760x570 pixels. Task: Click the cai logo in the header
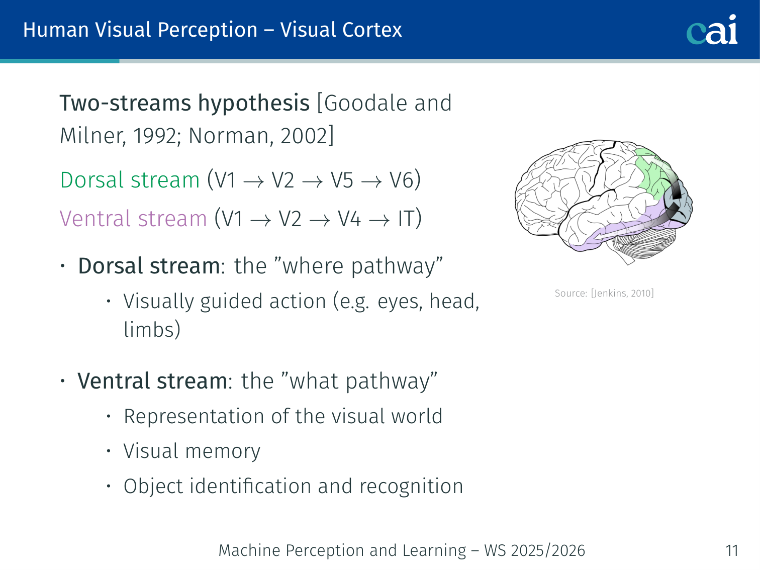[x=712, y=30]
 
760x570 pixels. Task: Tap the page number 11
[x=732, y=550]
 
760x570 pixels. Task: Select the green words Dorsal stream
[x=130, y=180]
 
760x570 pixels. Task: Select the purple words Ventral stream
[x=133, y=219]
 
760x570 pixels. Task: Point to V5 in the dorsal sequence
[x=342, y=180]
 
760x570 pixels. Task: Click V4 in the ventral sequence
[x=349, y=219]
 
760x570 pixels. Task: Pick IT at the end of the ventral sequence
[x=406, y=219]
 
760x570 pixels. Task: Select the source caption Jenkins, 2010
[x=622, y=293]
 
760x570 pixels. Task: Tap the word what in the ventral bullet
[x=314, y=381]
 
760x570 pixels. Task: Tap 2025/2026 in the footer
[x=547, y=550]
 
